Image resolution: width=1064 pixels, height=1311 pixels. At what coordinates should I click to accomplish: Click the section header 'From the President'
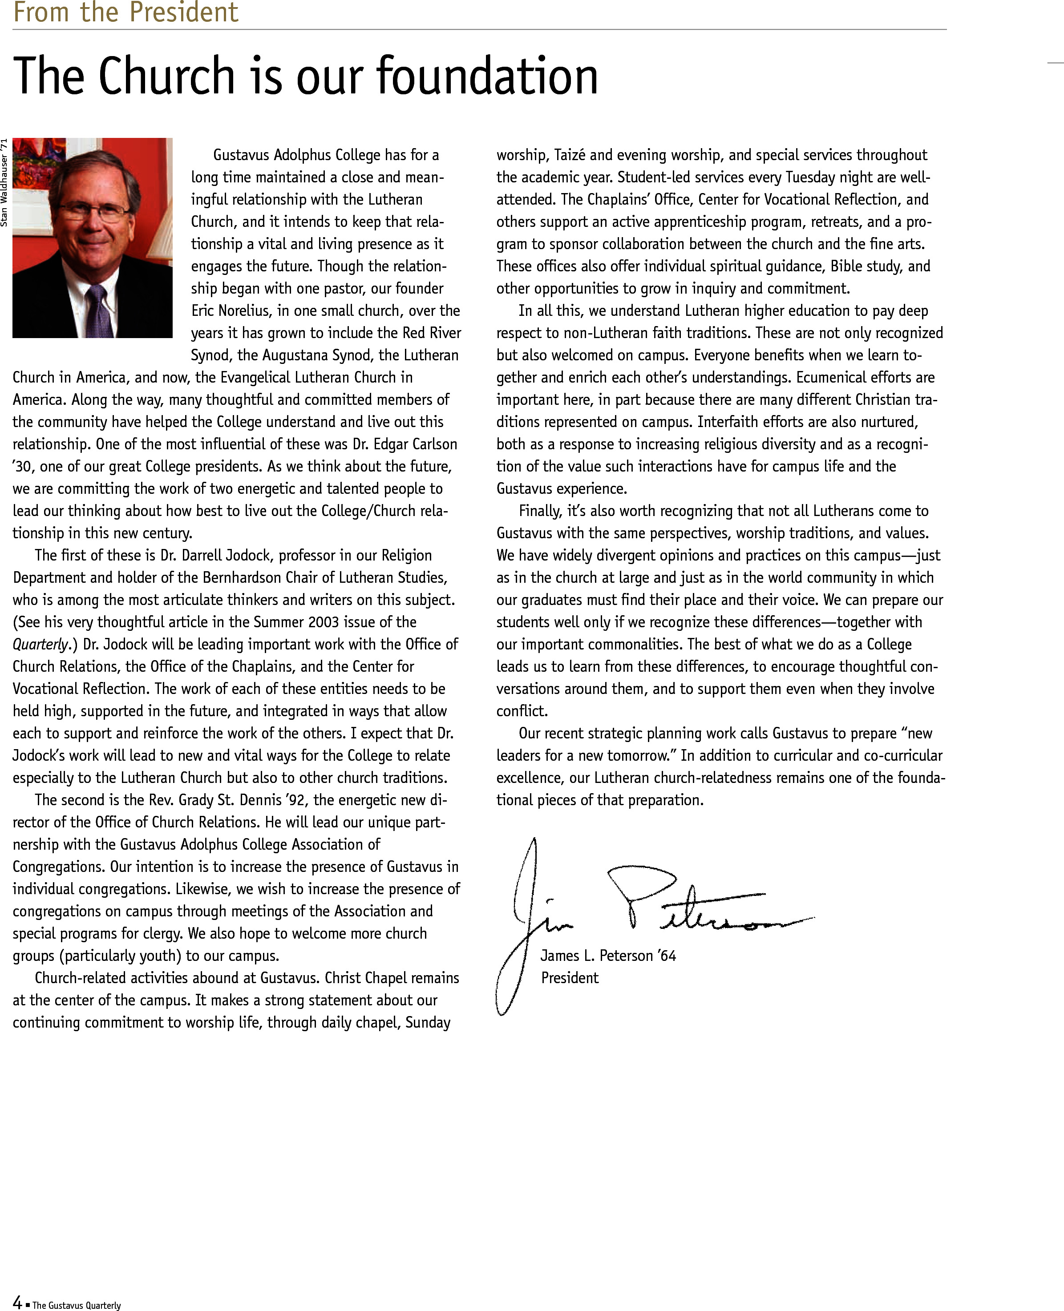[x=125, y=12]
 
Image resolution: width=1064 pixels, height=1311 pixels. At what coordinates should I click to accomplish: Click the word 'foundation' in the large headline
[x=487, y=76]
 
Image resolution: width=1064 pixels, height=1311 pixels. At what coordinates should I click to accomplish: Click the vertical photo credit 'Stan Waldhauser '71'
[x=4, y=182]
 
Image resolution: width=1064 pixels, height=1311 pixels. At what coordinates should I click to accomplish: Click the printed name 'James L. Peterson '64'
[x=607, y=956]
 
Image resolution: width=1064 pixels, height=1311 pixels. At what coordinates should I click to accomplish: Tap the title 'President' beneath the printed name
[x=570, y=978]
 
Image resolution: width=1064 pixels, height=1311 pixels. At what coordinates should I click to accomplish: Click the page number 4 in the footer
[x=17, y=1303]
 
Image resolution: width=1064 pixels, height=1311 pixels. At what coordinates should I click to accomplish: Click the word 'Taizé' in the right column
[x=570, y=155]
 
